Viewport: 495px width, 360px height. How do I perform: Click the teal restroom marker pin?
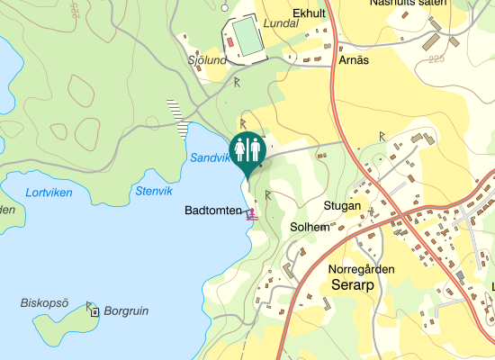click(247, 148)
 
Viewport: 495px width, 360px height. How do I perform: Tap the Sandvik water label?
click(211, 157)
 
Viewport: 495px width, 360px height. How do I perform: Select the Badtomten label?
click(212, 211)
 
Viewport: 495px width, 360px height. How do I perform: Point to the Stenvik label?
click(152, 190)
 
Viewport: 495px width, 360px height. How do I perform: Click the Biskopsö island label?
click(44, 302)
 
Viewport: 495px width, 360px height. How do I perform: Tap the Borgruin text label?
click(126, 311)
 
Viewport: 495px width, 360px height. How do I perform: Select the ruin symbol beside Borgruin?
click(94, 311)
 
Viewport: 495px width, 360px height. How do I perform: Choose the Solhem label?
click(309, 228)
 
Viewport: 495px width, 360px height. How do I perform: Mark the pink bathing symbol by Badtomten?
click(253, 214)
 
